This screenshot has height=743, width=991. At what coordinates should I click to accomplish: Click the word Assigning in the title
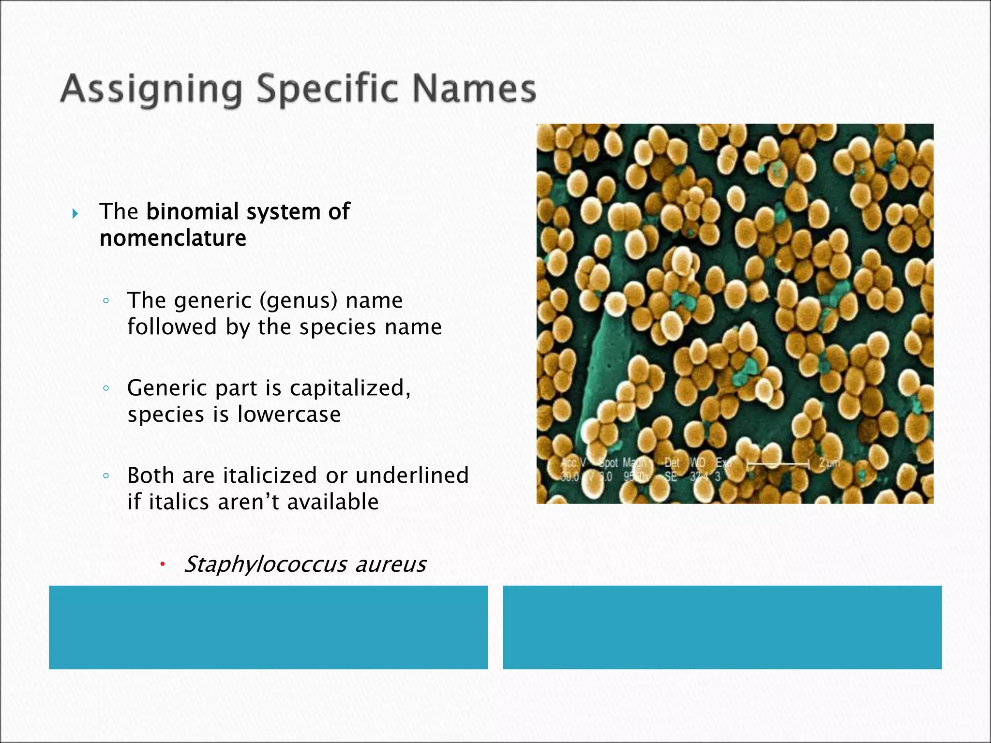(150, 90)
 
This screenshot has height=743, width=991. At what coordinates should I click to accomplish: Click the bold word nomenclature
(173, 238)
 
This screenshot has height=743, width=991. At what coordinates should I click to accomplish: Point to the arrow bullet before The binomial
(75, 213)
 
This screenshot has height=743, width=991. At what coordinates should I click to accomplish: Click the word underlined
(412, 475)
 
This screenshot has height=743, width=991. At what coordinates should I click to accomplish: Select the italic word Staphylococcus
(266, 565)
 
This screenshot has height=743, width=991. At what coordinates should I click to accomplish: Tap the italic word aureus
(390, 565)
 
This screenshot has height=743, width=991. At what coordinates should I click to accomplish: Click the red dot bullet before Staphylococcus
(163, 564)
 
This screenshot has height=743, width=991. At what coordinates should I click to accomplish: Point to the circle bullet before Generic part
(106, 388)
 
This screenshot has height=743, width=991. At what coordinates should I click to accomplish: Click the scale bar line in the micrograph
(778, 464)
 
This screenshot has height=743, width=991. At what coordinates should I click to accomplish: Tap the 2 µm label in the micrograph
(829, 463)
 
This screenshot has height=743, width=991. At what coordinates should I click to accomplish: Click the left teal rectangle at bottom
(268, 627)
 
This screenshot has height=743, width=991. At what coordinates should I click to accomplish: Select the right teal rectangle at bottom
(722, 627)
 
